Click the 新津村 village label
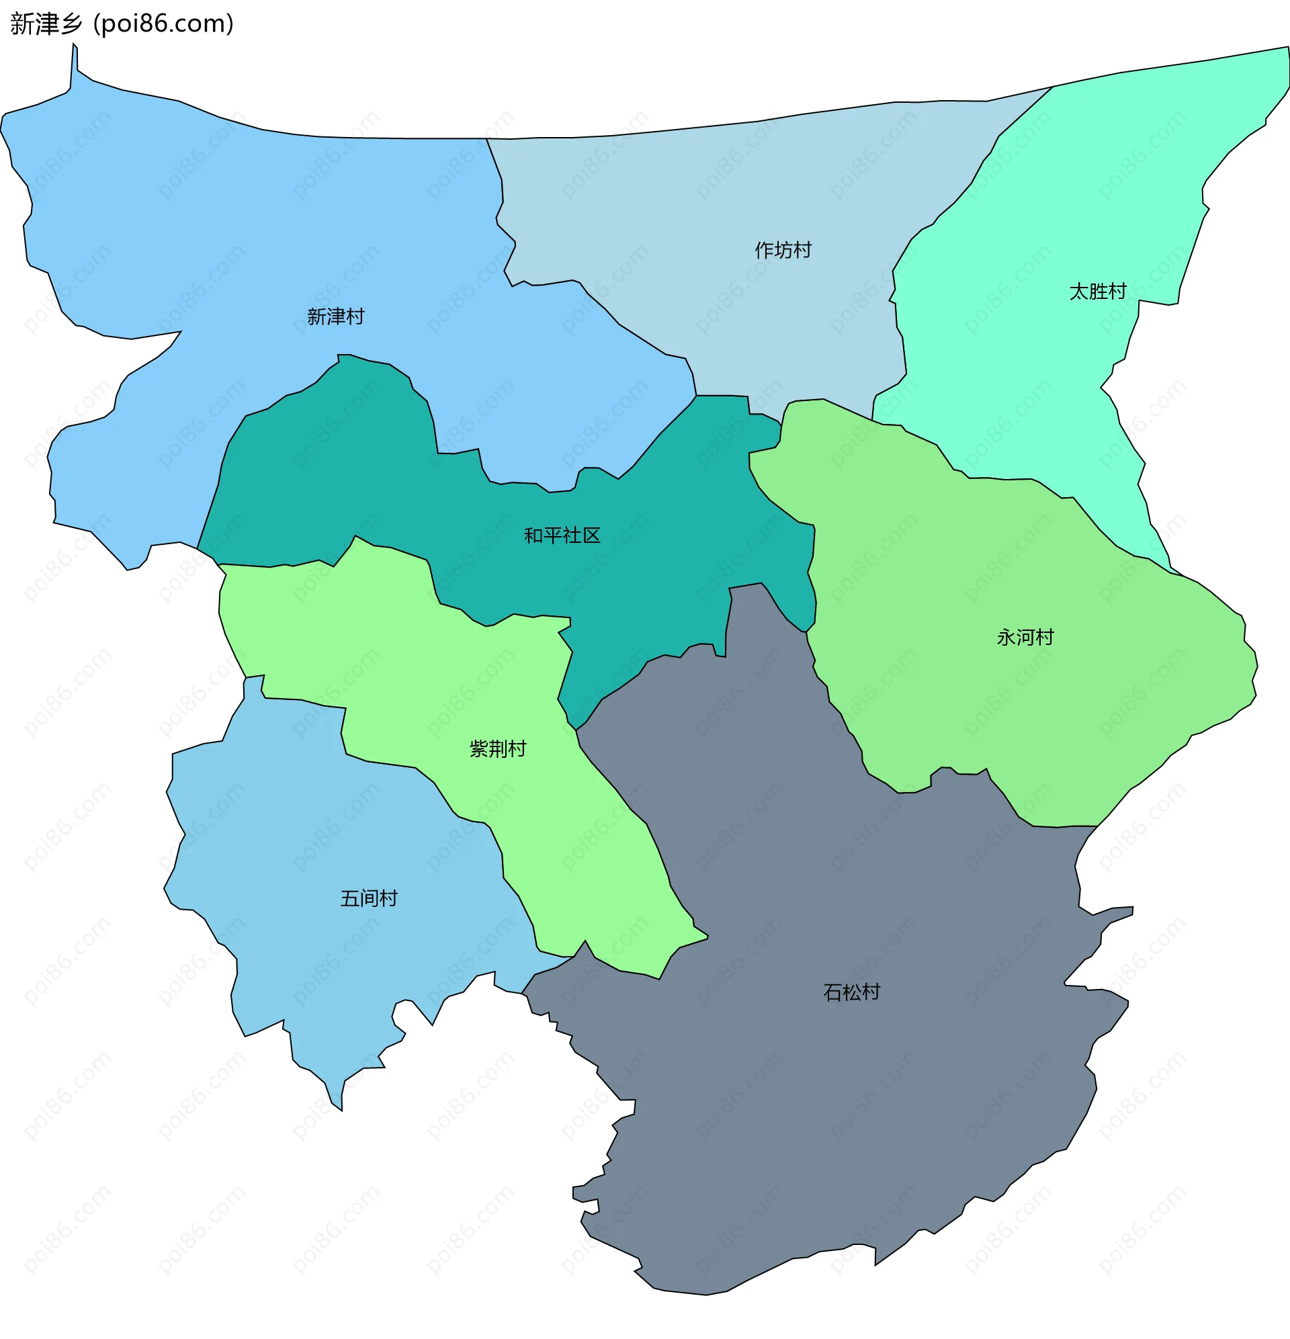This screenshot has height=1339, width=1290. [335, 316]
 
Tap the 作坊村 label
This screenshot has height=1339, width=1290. [783, 250]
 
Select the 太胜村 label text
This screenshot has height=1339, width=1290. [1097, 292]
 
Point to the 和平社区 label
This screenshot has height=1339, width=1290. [562, 535]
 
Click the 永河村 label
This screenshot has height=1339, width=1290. [1025, 638]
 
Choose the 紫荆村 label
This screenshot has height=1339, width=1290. [498, 748]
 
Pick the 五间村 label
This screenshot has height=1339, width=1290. [369, 898]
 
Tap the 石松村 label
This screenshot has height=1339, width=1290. [851, 992]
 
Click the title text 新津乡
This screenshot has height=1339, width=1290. [46, 24]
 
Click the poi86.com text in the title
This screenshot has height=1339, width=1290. [164, 24]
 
